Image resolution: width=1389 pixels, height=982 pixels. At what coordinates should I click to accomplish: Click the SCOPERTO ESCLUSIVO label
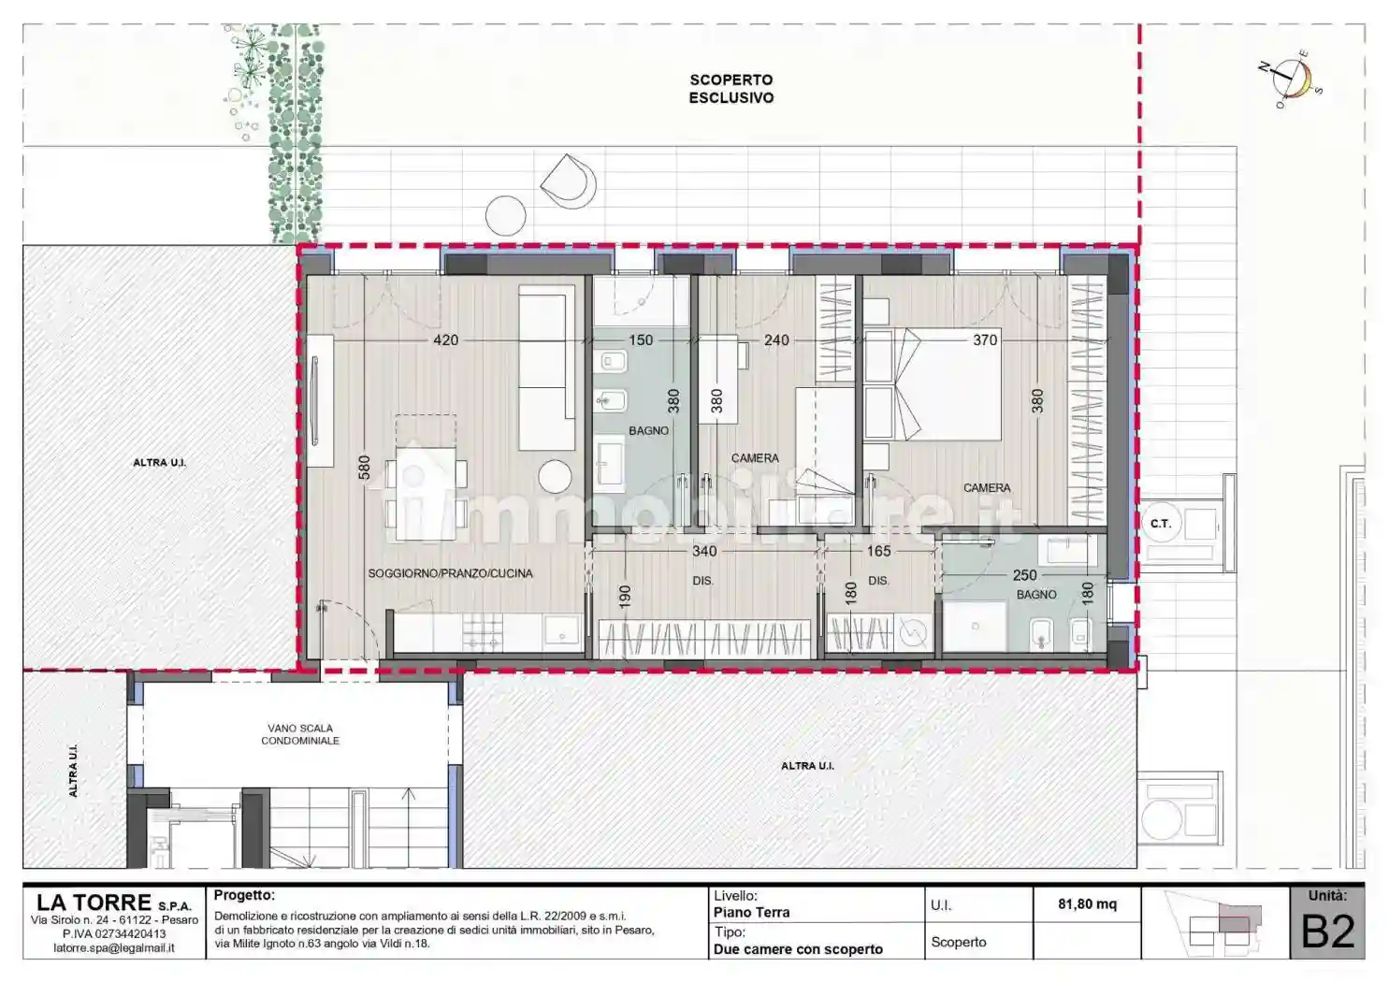[x=731, y=89]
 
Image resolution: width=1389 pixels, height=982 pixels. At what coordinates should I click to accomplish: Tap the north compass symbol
[x=1294, y=78]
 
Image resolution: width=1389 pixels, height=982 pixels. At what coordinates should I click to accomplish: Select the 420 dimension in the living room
[x=446, y=340]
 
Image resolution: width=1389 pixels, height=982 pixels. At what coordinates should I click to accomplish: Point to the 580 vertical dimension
[x=364, y=467]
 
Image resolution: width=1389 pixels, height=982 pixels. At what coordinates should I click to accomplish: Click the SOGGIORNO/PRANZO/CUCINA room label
[x=450, y=573]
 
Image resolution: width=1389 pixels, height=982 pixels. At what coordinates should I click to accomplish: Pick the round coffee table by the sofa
[x=556, y=477]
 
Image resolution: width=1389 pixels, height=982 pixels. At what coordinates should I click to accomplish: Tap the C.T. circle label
[x=1160, y=524]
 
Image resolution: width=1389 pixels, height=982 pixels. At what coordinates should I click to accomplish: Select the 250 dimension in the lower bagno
[x=1024, y=575]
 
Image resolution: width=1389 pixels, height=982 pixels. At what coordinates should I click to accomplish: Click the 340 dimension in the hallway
[x=704, y=552]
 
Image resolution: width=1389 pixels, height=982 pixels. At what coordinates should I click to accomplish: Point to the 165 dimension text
[x=878, y=552]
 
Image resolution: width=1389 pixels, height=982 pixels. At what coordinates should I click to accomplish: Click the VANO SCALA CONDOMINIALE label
[x=300, y=734]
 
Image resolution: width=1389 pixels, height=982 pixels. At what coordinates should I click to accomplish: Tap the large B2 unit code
[x=1328, y=931]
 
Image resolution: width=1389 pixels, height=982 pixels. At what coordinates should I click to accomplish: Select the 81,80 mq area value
[x=1087, y=904]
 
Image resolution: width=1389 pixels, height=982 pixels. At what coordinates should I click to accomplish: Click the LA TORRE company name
[x=94, y=903]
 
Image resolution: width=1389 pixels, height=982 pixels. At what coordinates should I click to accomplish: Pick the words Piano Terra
[x=751, y=913]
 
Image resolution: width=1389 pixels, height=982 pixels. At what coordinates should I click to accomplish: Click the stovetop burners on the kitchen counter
[x=483, y=632]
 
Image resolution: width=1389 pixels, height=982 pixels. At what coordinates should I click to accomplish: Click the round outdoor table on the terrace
[x=506, y=217]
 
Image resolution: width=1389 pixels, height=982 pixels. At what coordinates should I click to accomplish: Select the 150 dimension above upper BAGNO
[x=641, y=340]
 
